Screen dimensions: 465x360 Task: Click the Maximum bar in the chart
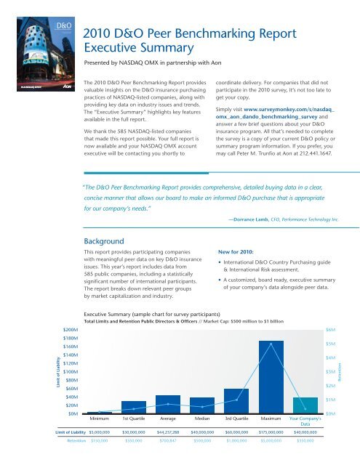(x=271, y=377)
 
